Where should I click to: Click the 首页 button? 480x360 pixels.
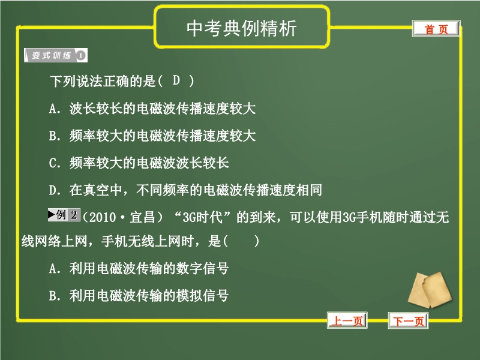436,29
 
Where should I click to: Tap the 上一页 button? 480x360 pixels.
347,320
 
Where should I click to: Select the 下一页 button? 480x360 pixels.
409,320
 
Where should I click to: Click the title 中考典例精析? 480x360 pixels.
242,28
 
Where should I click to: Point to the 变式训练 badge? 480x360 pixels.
56,55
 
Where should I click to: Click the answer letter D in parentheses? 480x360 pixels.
176,80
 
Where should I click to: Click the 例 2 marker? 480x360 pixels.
64,215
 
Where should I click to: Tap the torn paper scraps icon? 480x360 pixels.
430,290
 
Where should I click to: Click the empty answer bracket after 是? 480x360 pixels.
241,241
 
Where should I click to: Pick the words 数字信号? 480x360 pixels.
202,268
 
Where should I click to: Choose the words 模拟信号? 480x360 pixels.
202,295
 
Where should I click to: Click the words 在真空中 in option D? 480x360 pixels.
95,190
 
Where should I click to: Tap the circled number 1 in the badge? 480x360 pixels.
80,55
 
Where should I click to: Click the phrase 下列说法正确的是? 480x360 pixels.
103,81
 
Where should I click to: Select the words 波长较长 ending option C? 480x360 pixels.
203,163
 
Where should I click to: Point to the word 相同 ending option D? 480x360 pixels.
309,190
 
